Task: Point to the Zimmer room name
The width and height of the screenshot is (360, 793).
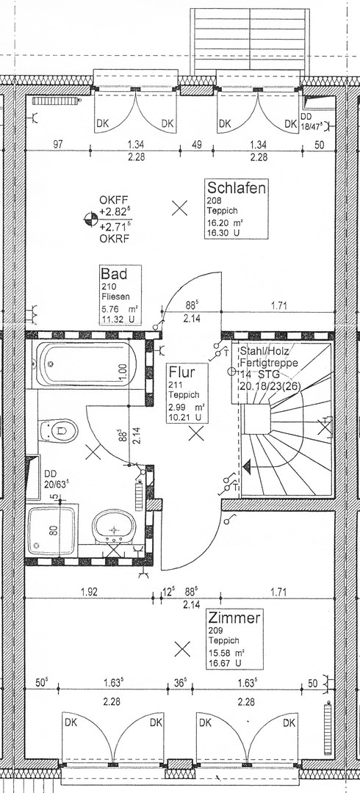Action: click(x=234, y=619)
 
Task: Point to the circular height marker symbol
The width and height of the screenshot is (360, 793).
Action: click(x=92, y=217)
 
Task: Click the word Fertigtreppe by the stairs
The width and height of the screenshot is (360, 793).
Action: click(x=268, y=363)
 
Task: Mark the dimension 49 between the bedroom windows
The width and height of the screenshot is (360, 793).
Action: click(x=196, y=145)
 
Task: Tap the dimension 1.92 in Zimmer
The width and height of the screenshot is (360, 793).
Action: click(x=89, y=590)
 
